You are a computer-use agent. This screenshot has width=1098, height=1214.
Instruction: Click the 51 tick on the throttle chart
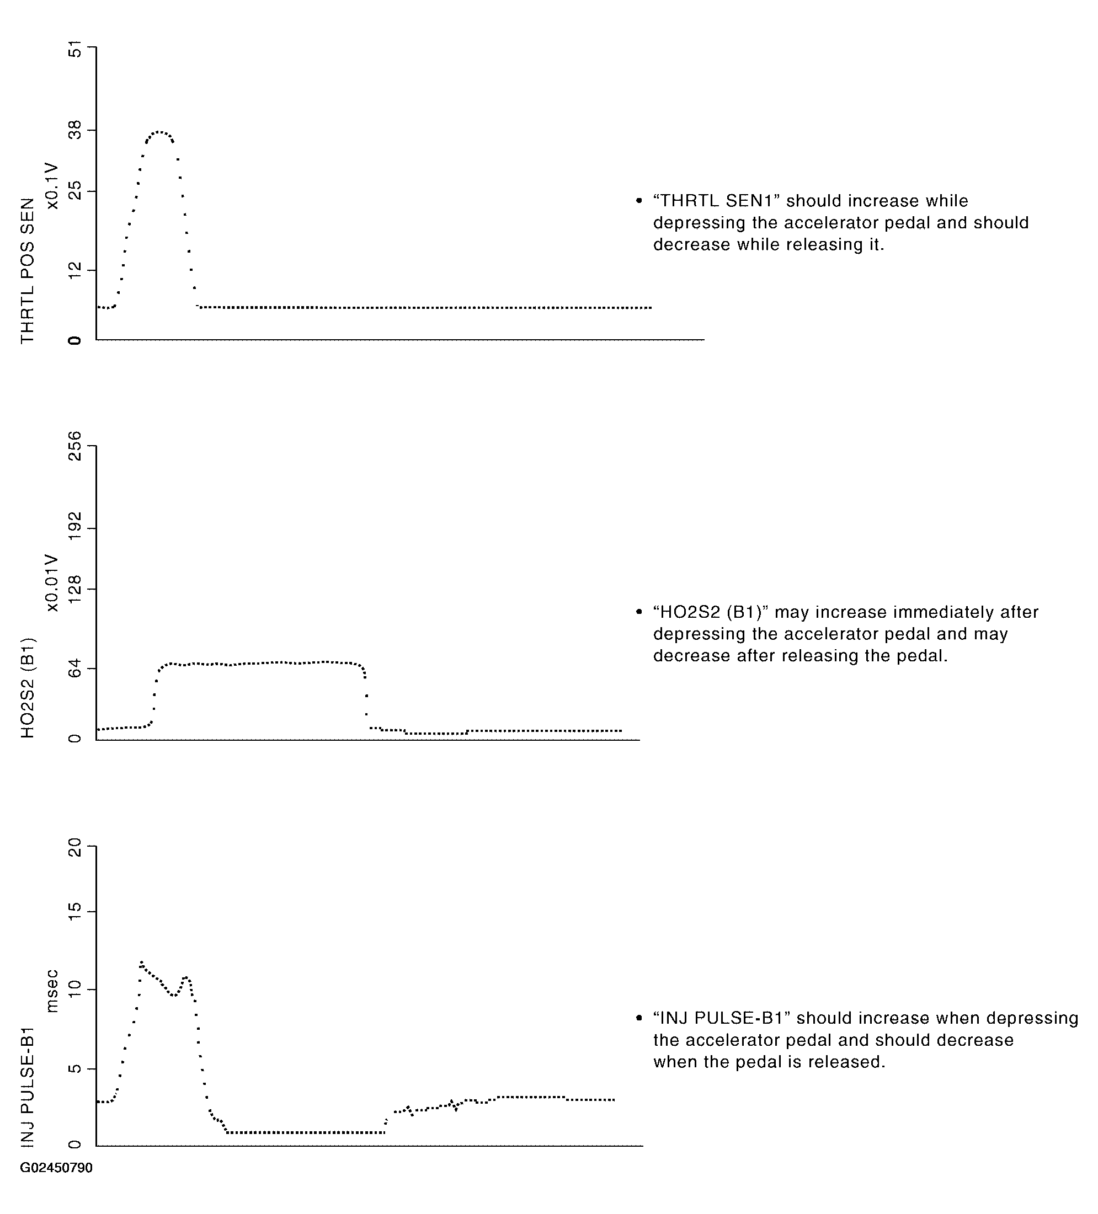74,51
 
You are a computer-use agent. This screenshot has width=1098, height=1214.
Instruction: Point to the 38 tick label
74,130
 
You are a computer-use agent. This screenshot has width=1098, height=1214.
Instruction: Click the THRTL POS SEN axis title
28,270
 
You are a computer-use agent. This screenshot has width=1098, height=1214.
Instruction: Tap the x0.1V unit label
53,185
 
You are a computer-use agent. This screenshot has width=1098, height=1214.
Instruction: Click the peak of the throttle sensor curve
158,131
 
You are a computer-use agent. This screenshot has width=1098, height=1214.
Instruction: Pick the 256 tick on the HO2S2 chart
74,446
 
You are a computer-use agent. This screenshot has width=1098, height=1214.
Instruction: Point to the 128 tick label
74,589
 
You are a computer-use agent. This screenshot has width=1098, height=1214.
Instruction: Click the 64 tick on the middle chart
74,668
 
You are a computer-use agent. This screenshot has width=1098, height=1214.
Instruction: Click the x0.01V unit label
53,583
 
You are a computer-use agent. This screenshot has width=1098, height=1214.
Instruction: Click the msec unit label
53,991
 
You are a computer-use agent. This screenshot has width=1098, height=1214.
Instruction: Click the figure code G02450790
56,1168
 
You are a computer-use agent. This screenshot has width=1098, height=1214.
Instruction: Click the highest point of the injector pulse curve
142,962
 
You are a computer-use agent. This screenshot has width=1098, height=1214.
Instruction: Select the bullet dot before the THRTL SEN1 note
639,201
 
